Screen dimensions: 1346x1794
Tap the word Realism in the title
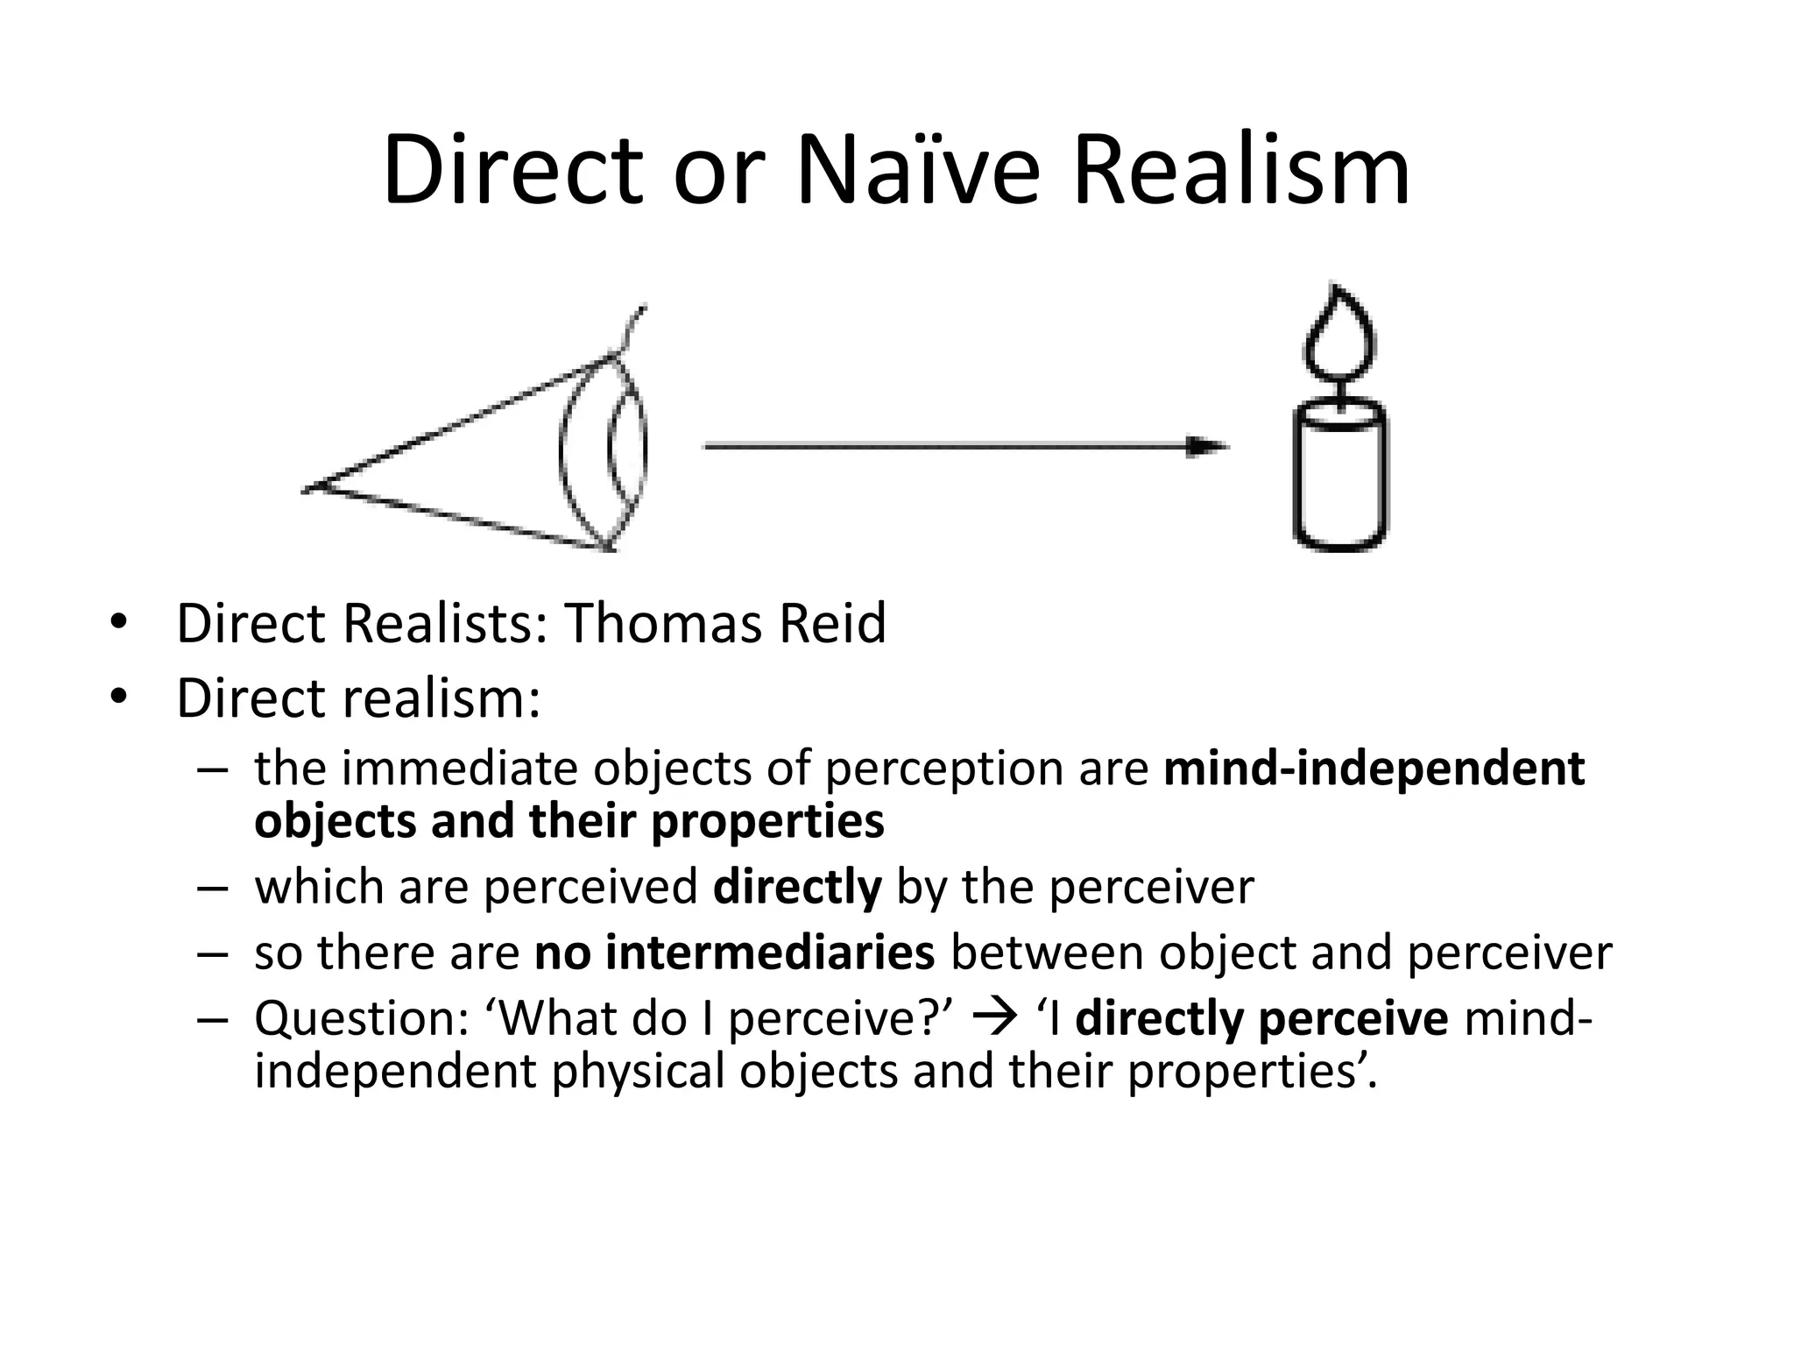(1240, 170)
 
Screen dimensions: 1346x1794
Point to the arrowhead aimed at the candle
(1207, 447)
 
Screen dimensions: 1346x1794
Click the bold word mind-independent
(1374, 769)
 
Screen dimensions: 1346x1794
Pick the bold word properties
(767, 821)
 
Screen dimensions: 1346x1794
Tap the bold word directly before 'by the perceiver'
(796, 887)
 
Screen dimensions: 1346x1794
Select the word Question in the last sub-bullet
(361, 1018)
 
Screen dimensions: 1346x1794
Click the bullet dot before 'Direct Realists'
(118, 624)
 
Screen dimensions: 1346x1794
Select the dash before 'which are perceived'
(212, 887)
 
